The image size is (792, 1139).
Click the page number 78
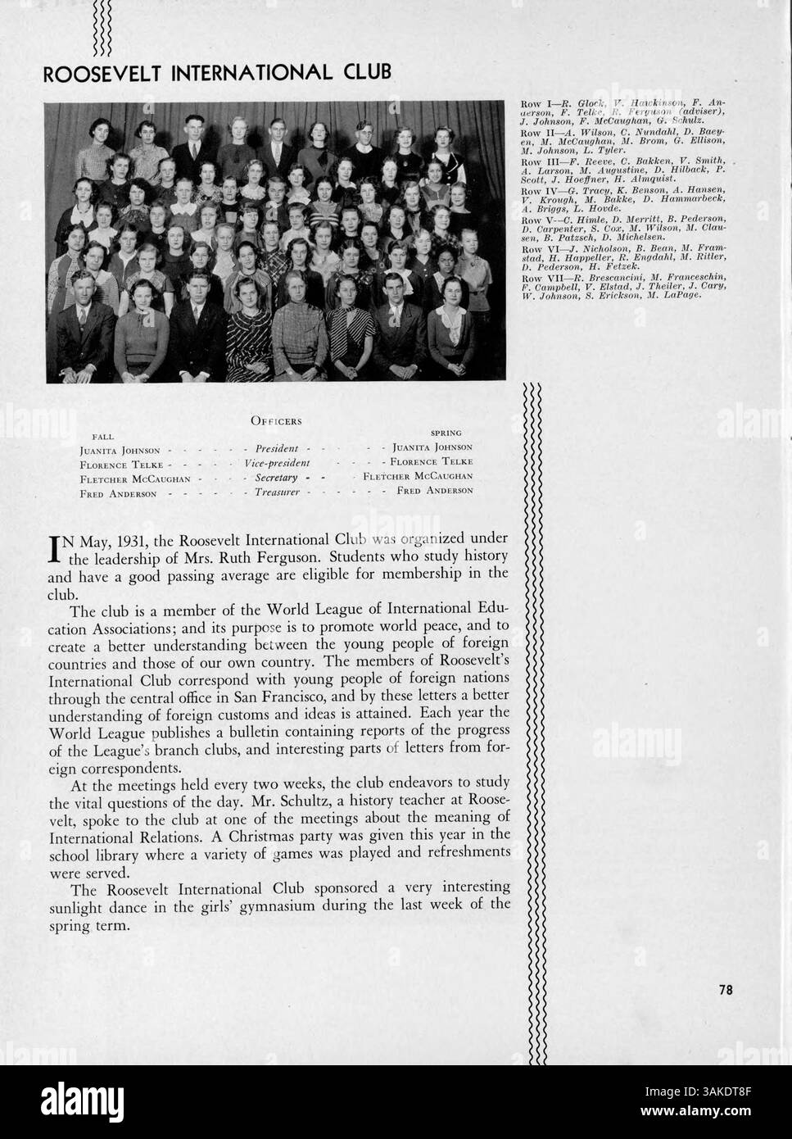pyautogui.click(x=725, y=990)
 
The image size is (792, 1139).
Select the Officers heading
pyautogui.click(x=276, y=421)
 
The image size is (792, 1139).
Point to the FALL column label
pyautogui.click(x=103, y=436)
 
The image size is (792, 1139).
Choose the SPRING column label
pyautogui.click(x=446, y=433)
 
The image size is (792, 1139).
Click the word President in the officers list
pyautogui.click(x=276, y=449)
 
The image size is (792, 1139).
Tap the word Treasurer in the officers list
pyautogui.click(x=275, y=492)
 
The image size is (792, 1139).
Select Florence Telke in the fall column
pyautogui.click(x=114, y=464)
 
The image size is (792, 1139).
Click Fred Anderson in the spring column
pyautogui.click(x=435, y=491)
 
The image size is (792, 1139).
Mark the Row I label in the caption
pyautogui.click(x=533, y=104)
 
